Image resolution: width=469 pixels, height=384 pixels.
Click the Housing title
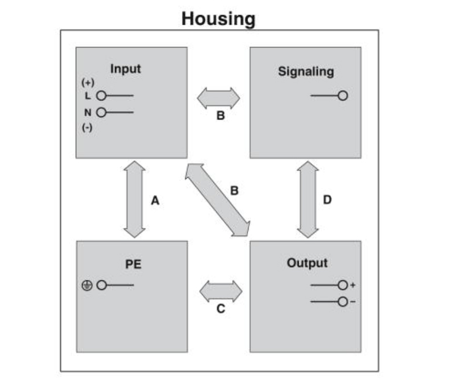[x=218, y=19]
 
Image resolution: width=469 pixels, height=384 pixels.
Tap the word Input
[x=126, y=69]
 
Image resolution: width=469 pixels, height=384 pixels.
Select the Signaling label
[x=306, y=72]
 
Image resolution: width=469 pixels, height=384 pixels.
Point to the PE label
[x=133, y=264]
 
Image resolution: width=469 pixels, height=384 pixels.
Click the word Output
[x=307, y=263]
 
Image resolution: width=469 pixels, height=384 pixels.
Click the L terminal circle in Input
[x=102, y=96]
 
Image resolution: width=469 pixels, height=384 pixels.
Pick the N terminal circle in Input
[x=102, y=112]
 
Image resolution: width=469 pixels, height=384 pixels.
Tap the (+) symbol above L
[x=87, y=82]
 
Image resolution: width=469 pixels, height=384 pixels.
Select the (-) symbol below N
[x=87, y=128]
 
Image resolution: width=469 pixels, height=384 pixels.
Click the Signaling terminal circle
[x=343, y=96]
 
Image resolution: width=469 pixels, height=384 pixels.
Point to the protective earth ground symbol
[x=87, y=285]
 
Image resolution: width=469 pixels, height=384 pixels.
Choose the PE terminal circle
[x=102, y=285]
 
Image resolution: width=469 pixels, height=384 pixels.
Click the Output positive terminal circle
[x=343, y=285]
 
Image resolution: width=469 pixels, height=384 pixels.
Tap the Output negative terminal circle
[x=343, y=302]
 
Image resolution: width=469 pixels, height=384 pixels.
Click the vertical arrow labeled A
[x=135, y=199]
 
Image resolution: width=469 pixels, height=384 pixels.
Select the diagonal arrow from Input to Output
[x=217, y=200]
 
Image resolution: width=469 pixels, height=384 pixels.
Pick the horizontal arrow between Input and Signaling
[x=218, y=98]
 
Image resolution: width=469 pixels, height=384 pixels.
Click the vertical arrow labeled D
[x=308, y=199]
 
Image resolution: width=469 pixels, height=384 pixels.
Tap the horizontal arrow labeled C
[x=221, y=291]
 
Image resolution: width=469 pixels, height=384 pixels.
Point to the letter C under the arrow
[x=221, y=309]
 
